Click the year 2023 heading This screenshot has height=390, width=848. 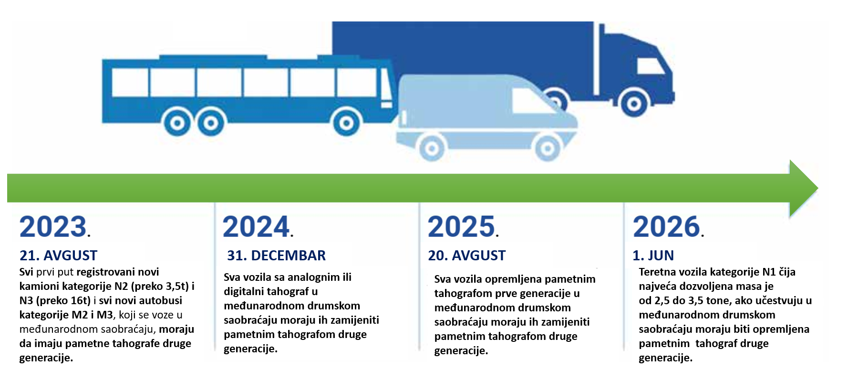click(55, 226)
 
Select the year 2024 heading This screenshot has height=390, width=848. click(258, 226)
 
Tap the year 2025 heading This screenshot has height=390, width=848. click(463, 226)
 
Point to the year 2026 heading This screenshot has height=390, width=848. click(668, 226)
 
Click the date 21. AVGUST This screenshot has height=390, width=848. click(58, 256)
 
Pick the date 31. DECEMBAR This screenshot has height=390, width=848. click(276, 256)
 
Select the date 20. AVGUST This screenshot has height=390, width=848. click(466, 256)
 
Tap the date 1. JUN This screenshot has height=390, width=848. click(653, 256)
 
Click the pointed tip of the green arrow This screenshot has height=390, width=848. click(817, 188)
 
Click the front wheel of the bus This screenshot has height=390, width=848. click(347, 123)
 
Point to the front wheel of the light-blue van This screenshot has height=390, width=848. click(548, 148)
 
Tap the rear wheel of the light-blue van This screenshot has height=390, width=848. click(432, 148)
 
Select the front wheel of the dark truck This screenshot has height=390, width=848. click(634, 103)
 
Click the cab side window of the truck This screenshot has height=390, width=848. click(650, 66)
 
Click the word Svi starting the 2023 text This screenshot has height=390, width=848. click(26, 272)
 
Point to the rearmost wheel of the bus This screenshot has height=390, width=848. click(177, 123)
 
